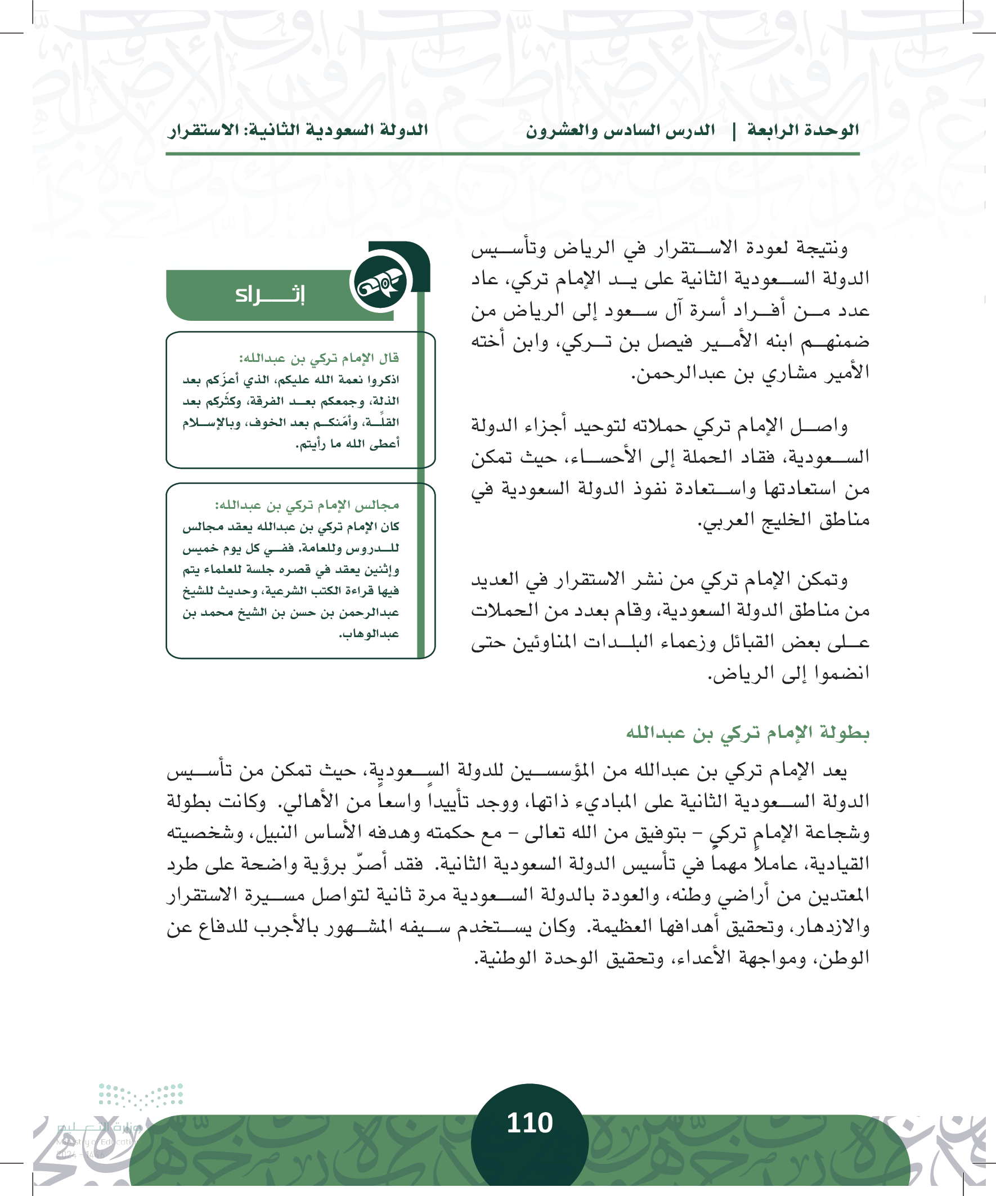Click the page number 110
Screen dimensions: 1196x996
(x=530, y=1122)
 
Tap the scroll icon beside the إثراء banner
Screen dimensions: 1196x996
(x=380, y=283)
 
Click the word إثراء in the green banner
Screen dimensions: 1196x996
(x=270, y=294)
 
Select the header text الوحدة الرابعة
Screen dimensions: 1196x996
(x=802, y=131)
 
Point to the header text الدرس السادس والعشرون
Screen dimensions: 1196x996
(x=620, y=131)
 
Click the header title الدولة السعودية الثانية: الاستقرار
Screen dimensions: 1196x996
(x=298, y=131)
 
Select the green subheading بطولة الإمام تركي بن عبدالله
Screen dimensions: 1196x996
(x=748, y=733)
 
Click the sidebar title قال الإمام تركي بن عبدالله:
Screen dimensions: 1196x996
(x=319, y=358)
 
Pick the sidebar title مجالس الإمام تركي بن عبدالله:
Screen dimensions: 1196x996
(x=307, y=505)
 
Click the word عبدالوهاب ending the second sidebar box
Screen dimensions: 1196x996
(x=369, y=634)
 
